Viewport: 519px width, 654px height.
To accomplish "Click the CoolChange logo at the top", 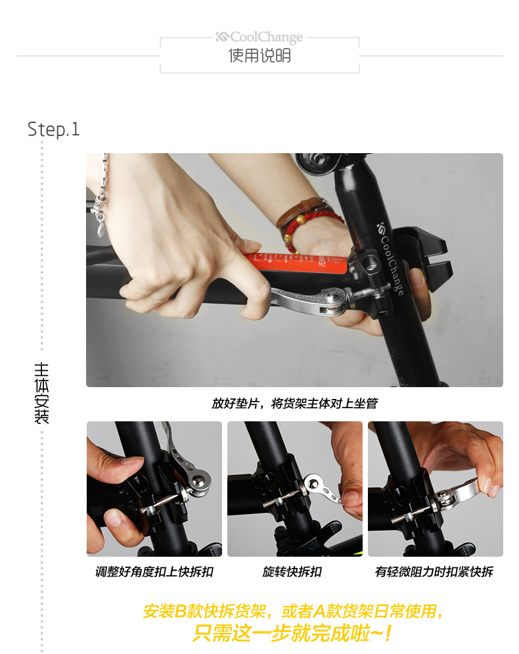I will point(259,37).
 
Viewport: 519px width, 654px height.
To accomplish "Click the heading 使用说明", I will point(259,56).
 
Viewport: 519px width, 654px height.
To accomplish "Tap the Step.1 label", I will point(53,129).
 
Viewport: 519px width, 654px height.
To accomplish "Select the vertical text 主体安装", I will point(41,392).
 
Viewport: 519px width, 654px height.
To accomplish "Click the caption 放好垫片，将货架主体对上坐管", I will point(294,404).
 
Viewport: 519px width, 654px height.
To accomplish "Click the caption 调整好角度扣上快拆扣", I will point(154,572).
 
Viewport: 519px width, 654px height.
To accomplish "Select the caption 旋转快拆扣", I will point(292,572).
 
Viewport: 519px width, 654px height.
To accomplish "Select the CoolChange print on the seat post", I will point(392,259).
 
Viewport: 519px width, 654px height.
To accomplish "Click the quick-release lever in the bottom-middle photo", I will point(322,490).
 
